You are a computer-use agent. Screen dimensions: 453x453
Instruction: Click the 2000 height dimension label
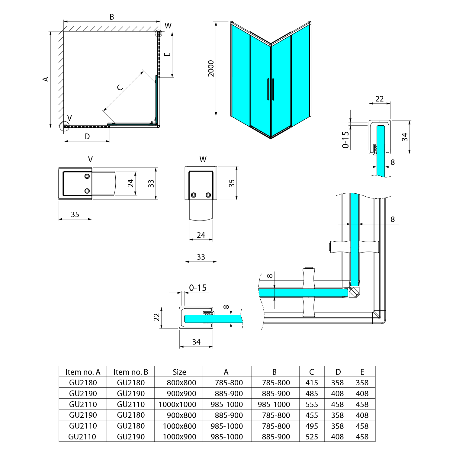pos(211,69)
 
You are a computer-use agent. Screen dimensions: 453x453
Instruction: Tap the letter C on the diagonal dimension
pos(120,87)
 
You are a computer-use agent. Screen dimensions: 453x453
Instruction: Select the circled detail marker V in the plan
pos(65,126)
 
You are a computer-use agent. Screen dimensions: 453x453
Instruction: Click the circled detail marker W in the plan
pos(158,33)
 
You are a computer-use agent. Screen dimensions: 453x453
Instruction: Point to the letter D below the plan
pos(87,137)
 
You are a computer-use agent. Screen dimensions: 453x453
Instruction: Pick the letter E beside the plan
pos(167,54)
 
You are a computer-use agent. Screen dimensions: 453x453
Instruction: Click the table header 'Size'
pos(179,372)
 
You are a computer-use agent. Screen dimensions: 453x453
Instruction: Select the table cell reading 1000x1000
pos(178,404)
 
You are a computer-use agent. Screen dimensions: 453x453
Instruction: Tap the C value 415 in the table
pos(312,383)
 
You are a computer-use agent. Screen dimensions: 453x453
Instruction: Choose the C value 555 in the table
pos(312,404)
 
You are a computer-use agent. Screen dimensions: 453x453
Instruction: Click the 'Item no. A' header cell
pos(83,372)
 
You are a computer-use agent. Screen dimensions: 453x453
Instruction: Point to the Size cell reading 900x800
pos(182,415)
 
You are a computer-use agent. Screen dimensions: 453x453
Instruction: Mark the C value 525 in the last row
pos(312,437)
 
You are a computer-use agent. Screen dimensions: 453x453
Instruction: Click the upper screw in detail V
pos(87,176)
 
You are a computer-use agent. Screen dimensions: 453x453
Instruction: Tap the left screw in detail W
pos(194,195)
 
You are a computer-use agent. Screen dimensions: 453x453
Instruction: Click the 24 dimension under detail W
pos(201,235)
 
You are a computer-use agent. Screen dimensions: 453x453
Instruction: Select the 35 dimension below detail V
pos(75,214)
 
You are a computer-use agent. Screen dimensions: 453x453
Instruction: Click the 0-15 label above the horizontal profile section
pos(198,288)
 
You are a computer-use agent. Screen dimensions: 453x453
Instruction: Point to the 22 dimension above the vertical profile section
pos(379,99)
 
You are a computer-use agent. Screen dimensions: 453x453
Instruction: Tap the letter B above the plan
pos(112,17)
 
